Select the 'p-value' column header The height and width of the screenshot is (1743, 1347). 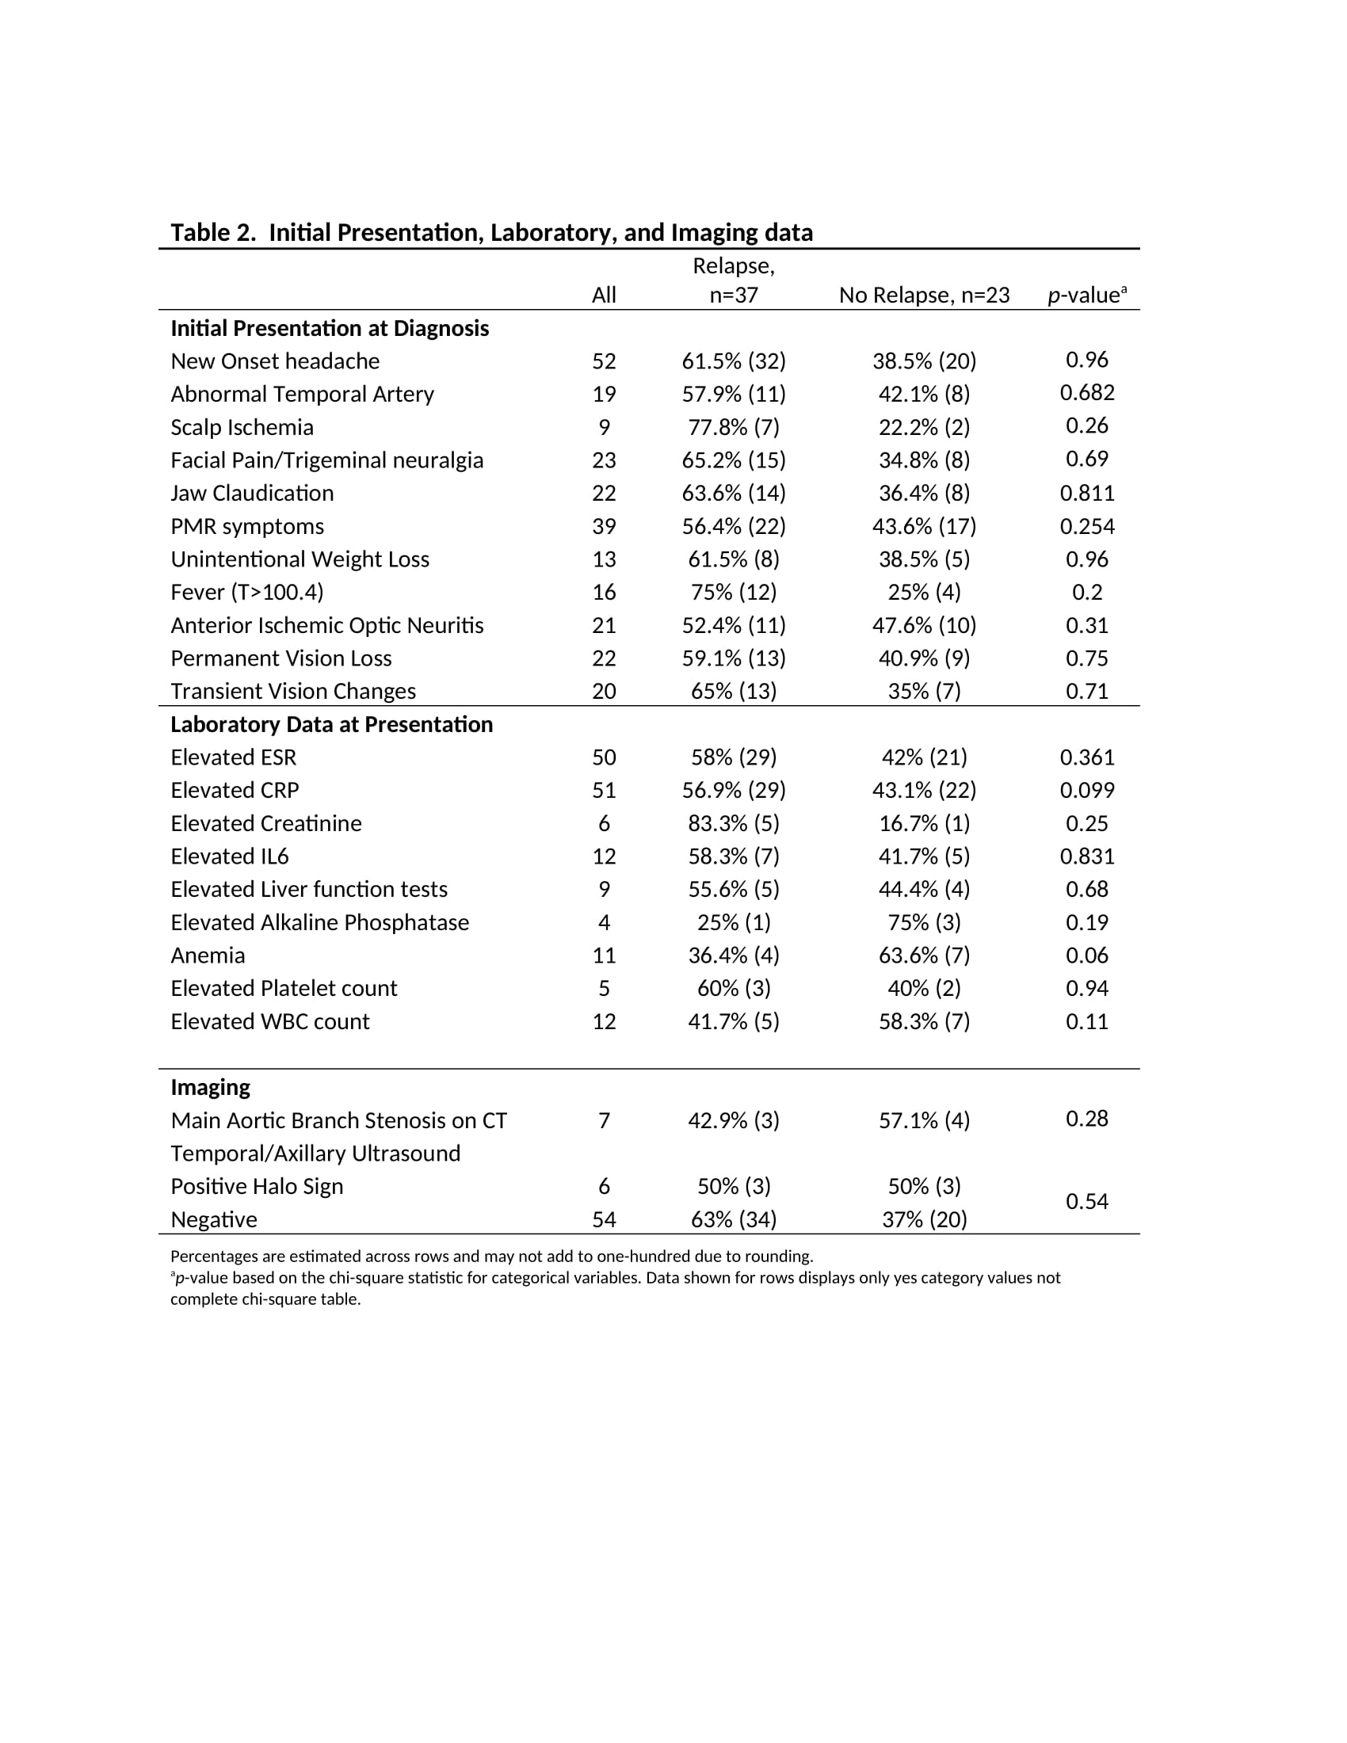pos(1086,296)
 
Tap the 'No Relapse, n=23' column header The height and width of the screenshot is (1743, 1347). pos(924,296)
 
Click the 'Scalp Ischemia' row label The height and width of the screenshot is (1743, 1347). pos(242,427)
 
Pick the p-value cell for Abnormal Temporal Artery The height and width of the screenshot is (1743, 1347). pos(1087,393)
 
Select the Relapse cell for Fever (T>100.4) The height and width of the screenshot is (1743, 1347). pos(734,592)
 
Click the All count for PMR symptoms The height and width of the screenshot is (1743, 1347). pos(604,526)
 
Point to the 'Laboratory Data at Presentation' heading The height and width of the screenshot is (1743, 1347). pos(331,724)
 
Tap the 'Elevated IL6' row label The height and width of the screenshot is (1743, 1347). pos(230,856)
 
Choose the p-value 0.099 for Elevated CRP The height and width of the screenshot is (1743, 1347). pos(1087,790)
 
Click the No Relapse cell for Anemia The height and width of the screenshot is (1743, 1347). pos(924,955)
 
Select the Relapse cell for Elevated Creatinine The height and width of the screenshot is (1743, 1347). pos(734,823)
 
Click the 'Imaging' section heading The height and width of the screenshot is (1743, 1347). pos(211,1087)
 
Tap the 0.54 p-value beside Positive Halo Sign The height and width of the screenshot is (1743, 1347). pos(1087,1201)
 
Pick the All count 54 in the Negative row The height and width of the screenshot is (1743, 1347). pos(604,1219)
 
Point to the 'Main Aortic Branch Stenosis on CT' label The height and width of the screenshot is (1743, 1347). pos(338,1120)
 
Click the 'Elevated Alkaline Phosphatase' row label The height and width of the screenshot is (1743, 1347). pos(319,922)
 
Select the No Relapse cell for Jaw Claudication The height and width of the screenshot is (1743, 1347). pos(924,494)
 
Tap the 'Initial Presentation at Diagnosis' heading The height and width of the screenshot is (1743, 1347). pos(330,328)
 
